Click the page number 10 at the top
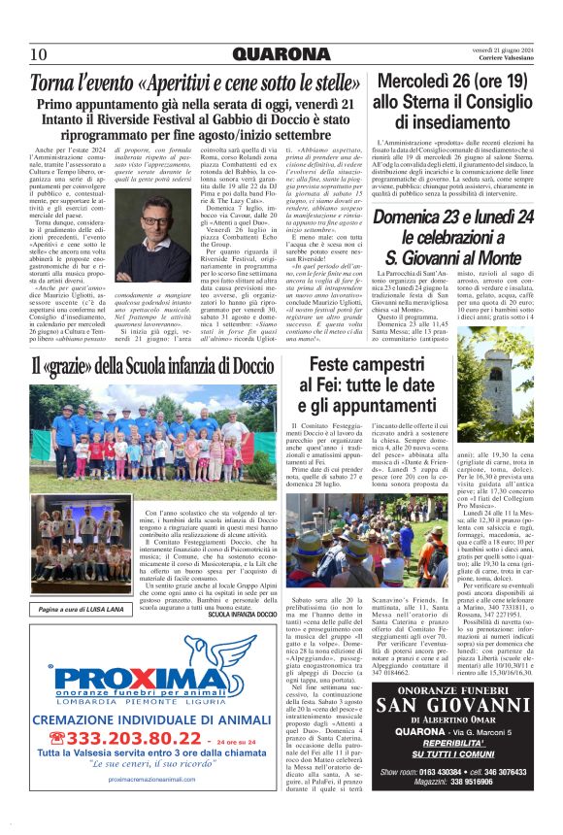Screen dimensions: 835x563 tap(39, 53)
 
